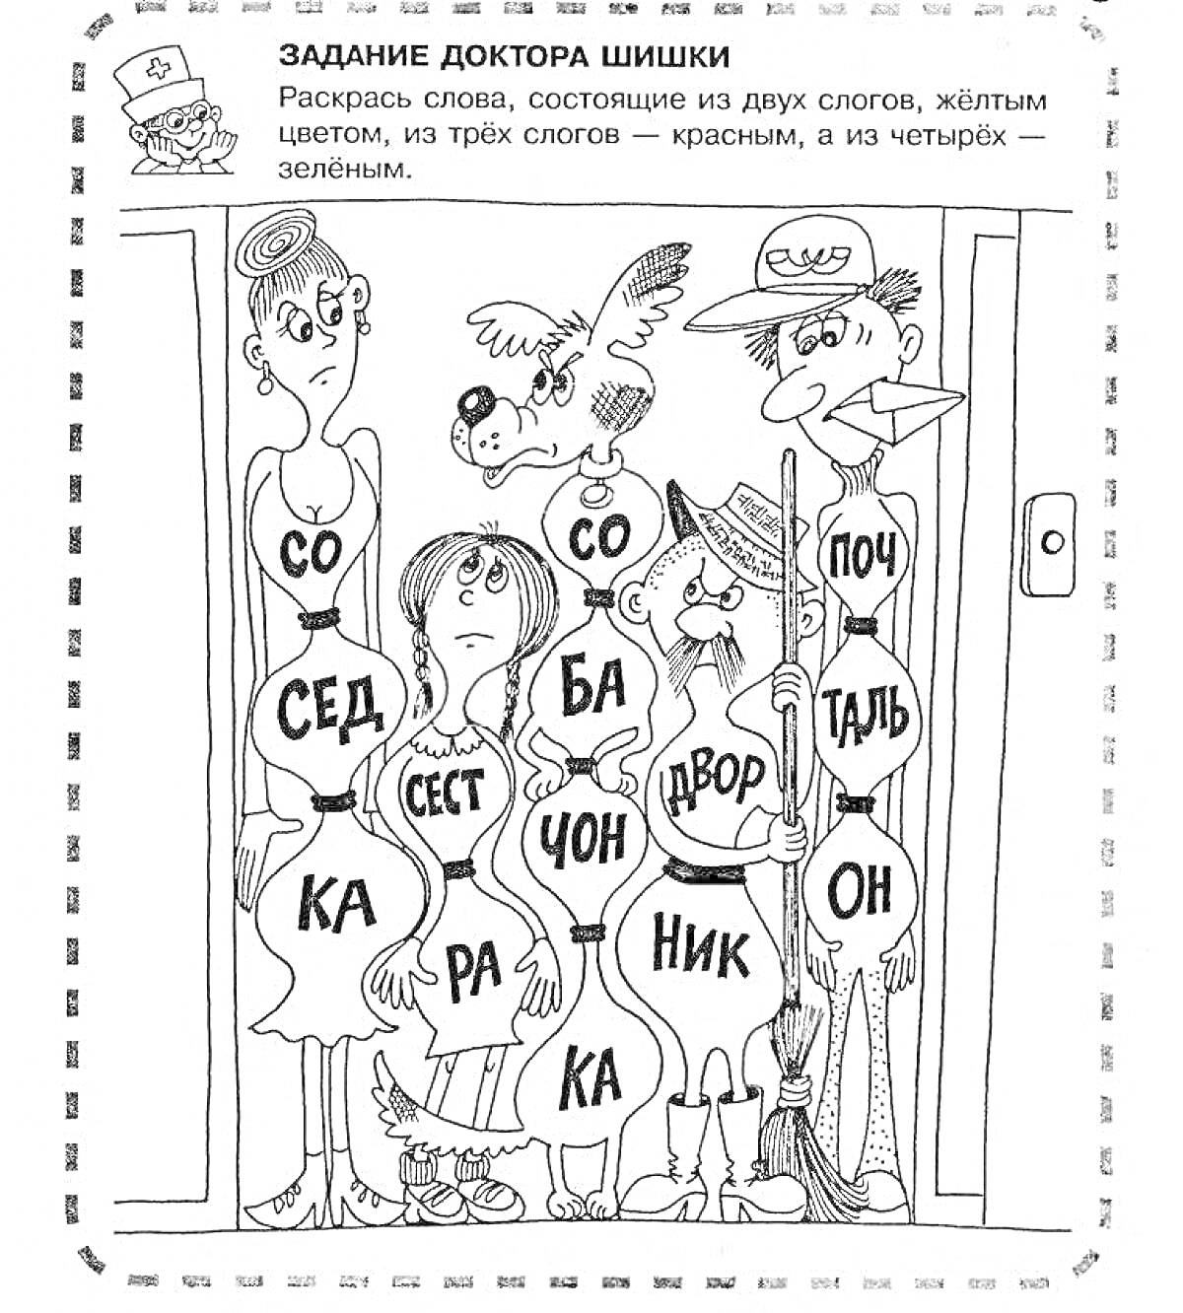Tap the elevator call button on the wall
[x=1052, y=543]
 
